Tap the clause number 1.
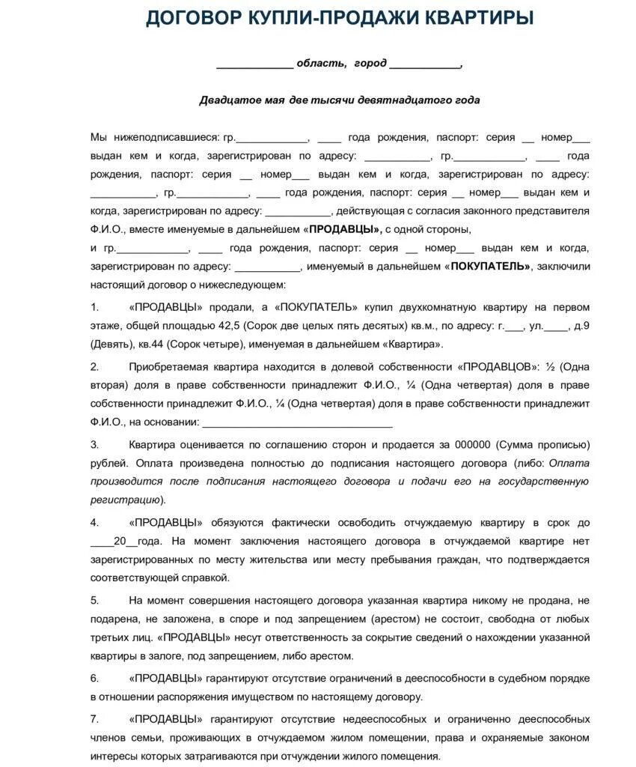(94, 307)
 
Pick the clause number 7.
(94, 719)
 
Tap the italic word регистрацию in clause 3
(125, 500)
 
